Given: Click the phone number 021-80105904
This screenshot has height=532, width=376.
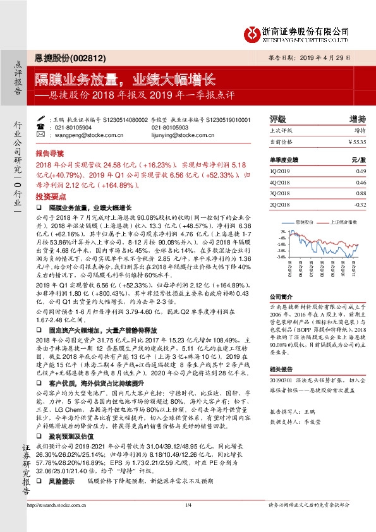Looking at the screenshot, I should (74, 127).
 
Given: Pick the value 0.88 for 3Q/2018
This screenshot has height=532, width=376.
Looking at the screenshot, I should (361, 193).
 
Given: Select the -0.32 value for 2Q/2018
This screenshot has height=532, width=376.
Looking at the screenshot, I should (360, 204).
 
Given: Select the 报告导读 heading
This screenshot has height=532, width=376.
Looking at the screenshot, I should (49, 153).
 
